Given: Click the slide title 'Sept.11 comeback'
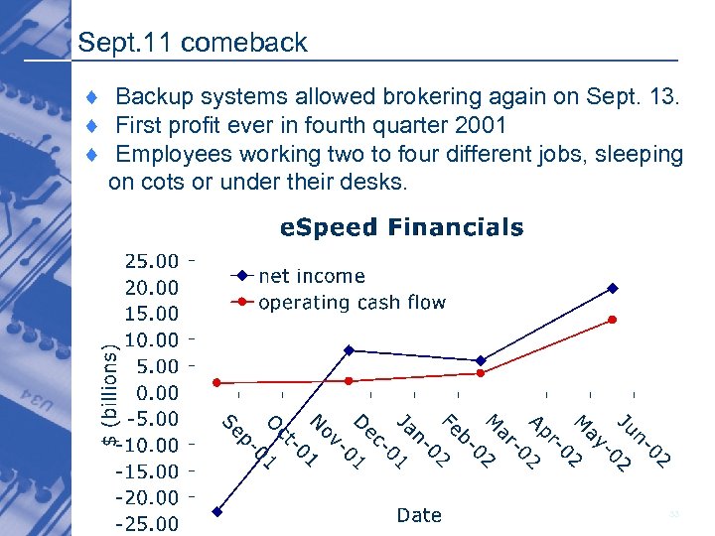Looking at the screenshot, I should (192, 43).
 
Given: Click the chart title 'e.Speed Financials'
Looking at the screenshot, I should (401, 227).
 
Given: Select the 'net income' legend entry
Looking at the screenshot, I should (312, 276).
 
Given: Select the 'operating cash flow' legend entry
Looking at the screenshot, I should (352, 302).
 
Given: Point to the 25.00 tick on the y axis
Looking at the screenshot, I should (151, 261).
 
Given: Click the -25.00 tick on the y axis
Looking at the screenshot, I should (151, 523).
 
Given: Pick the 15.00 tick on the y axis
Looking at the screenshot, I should (151, 314).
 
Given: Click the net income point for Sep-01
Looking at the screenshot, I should (216, 512).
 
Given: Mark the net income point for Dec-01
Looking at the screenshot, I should (349, 350).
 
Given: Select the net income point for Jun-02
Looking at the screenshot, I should (613, 288).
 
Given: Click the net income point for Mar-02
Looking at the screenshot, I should (481, 360).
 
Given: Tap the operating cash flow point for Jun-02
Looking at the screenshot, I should (613, 320).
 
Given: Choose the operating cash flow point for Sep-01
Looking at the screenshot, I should (216, 382).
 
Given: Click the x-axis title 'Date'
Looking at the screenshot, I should (419, 514).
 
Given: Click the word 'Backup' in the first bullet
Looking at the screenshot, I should (154, 97).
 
